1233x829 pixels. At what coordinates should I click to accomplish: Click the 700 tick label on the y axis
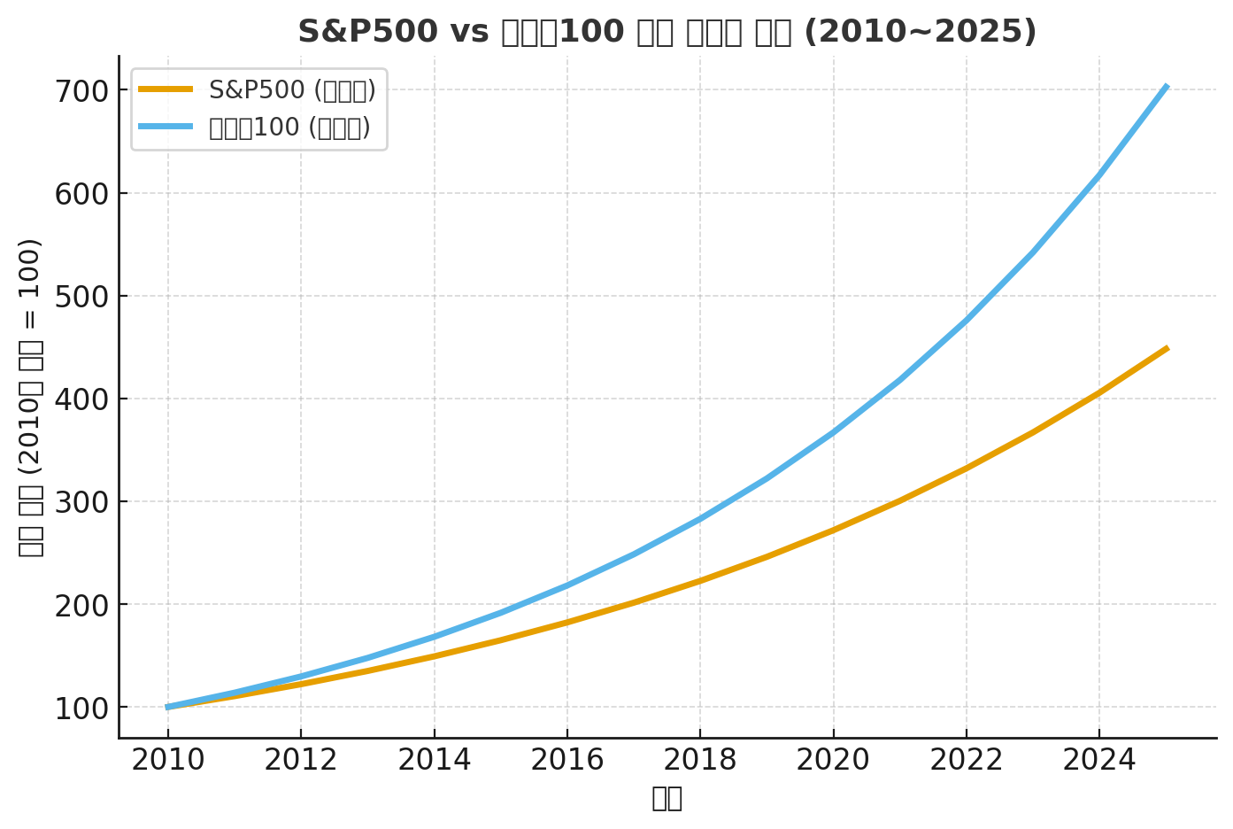83,91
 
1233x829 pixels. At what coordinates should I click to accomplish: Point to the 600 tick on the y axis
83,194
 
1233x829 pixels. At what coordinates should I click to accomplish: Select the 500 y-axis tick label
83,297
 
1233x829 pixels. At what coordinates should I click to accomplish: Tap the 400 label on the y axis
83,399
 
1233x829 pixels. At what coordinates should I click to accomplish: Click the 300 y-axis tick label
83,502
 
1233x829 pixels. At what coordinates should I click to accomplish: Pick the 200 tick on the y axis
83,605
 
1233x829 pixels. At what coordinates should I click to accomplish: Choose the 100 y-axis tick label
83,708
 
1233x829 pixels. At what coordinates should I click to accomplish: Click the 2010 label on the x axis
168,760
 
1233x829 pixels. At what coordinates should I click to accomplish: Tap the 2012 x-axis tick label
301,760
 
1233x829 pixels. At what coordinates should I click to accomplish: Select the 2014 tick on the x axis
434,760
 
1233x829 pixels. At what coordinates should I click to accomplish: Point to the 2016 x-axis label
566,760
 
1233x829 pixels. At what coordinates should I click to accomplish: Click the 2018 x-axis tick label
700,760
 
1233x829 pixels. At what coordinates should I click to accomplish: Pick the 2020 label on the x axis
833,760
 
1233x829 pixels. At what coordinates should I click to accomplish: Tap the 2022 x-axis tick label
966,760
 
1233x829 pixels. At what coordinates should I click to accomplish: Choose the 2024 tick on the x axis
1098,760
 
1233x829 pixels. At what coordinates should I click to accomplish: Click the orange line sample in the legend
166,89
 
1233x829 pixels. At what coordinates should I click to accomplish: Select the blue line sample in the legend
166,127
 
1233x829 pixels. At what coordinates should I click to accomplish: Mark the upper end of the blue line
1167,87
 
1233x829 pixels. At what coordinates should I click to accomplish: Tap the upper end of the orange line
1167,349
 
